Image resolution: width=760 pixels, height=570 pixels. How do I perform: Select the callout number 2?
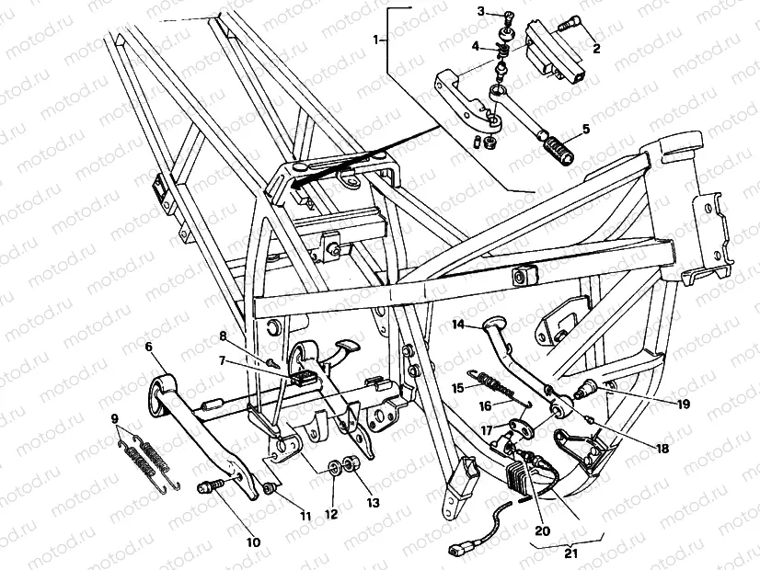596,49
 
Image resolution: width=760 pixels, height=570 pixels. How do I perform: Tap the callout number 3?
480,11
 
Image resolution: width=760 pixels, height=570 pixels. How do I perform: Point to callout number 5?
585,129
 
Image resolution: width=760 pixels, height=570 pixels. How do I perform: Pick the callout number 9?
114,419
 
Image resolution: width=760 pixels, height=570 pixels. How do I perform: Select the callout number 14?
457,324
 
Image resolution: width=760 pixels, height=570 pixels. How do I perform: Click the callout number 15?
458,388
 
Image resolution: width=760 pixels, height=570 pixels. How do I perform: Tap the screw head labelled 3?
506,14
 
